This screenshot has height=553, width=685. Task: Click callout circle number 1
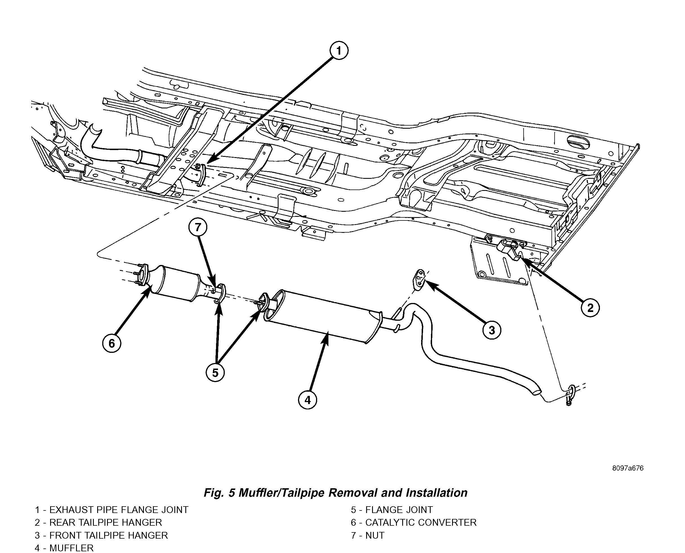pos(339,51)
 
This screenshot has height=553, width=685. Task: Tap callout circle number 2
pos(590,308)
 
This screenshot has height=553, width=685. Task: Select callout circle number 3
pos(491,330)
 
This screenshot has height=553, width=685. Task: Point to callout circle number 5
pos(215,373)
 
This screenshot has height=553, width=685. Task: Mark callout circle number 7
pos(198,227)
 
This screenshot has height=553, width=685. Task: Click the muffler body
pos(322,315)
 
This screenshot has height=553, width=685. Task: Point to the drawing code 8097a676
pos(628,468)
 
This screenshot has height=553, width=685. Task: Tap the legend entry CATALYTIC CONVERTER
pos(421,522)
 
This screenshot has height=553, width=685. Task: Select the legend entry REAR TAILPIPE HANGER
pos(105,522)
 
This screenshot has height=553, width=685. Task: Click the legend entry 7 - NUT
pos(368,535)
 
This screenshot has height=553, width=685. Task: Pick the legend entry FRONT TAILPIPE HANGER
pos(108,535)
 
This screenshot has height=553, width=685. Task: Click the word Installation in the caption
pos(436,493)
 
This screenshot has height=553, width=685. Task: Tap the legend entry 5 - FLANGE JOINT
pos(392,510)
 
